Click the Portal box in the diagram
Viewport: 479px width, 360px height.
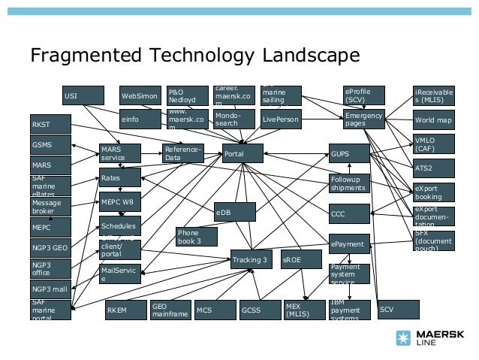coord(243,154)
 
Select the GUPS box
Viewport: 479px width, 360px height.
coord(349,154)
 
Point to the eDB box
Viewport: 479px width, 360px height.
coord(234,213)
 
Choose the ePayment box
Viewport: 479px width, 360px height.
coord(349,244)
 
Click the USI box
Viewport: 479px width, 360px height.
coord(83,96)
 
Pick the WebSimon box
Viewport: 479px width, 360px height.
coord(140,96)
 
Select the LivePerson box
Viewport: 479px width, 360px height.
coord(281,119)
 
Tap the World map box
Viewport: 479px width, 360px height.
coord(433,119)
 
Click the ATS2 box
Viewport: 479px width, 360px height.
coord(433,167)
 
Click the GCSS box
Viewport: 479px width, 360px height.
coord(259,309)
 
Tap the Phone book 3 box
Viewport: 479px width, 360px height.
coord(197,237)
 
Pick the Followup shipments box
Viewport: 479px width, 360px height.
coord(349,183)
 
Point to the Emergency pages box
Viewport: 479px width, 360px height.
coord(364,119)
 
